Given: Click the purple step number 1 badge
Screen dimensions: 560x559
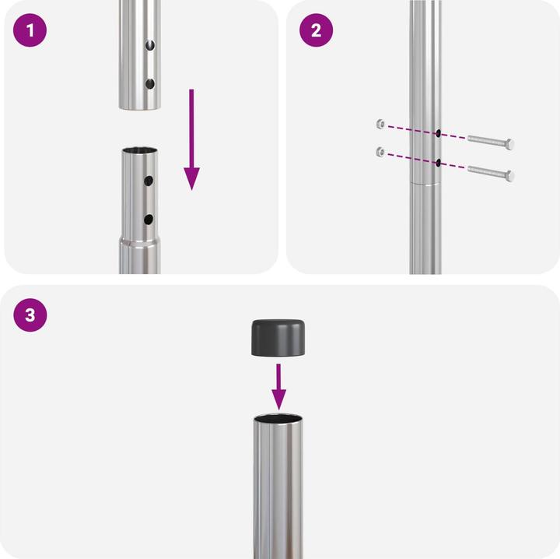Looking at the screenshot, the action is pos(30,30).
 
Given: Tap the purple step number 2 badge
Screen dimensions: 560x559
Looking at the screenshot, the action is pos(316,30).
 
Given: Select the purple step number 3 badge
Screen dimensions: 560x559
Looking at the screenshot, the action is pos(30,315).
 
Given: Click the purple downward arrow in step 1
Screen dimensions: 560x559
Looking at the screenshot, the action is pos(192,139).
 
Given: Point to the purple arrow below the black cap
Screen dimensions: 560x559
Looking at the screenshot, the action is pos(278,387).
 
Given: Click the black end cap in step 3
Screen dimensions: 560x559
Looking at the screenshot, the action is pos(278,338).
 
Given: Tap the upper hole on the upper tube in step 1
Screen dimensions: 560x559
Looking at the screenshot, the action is pos(150,45).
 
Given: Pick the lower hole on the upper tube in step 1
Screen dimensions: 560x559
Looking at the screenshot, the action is pos(150,84).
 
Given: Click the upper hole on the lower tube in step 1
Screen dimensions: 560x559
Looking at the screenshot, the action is pos(149,181).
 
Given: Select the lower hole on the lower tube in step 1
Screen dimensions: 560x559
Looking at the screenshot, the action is pos(149,220).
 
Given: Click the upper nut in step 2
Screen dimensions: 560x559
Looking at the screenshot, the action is pos(380,124).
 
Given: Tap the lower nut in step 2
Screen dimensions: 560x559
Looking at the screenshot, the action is pos(380,153).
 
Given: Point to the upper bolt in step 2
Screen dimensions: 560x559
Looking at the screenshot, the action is pos(491,142).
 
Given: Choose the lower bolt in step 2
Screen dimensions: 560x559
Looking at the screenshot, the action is pos(491,174).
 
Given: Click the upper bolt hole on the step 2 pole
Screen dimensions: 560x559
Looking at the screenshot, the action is pos(438,134).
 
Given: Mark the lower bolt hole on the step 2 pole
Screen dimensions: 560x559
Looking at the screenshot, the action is pos(438,163).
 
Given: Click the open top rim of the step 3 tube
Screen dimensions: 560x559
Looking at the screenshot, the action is pos(278,418).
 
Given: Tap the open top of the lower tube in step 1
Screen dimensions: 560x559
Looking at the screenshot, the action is pos(139,150).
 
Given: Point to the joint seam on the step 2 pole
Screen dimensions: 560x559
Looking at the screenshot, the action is pos(425,184).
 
